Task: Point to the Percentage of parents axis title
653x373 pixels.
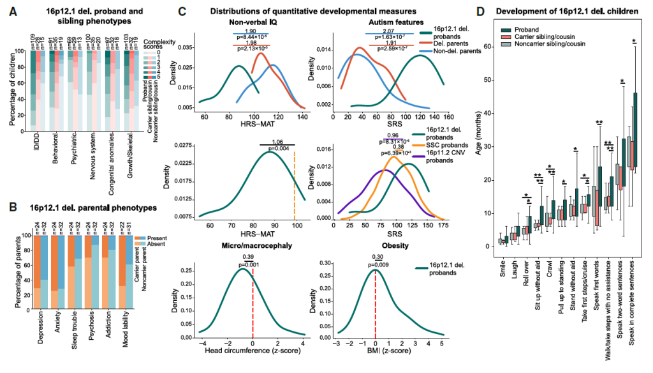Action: point(8,272)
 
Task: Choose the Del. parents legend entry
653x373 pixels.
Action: point(453,44)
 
